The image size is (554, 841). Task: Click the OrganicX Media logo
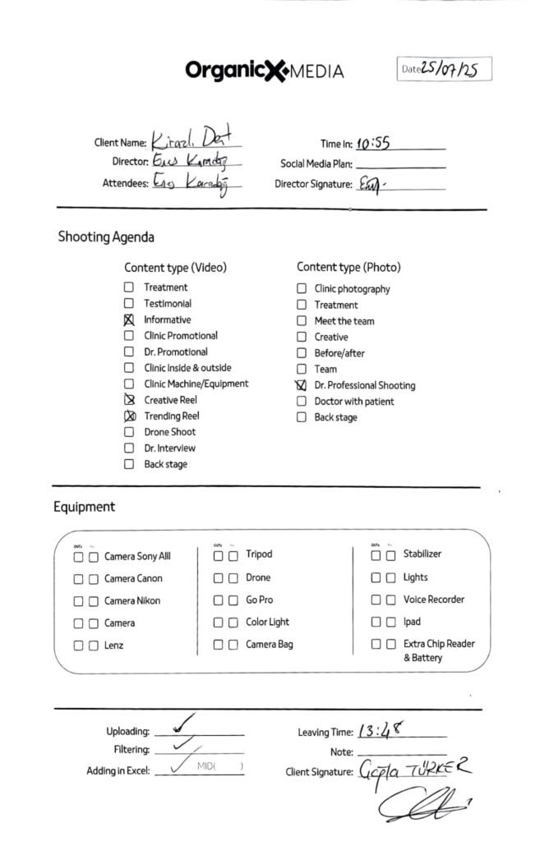coord(264,71)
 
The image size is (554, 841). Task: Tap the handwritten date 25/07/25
coord(450,69)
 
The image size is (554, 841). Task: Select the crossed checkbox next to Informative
coord(129,320)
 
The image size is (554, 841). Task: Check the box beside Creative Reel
coord(129,400)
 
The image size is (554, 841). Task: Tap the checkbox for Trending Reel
coord(129,416)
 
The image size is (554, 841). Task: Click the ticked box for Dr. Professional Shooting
coord(302,385)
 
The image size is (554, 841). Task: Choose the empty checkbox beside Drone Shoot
coord(129,432)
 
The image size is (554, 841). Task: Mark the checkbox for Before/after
coord(302,353)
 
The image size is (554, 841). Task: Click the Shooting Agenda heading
coord(106,237)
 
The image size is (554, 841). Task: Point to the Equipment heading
coord(85,507)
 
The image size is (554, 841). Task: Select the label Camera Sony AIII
coord(137,556)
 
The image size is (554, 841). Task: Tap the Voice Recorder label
coord(434,600)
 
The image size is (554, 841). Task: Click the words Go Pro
coord(260,600)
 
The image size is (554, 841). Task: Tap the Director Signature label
coord(313,185)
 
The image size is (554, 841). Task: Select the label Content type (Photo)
coord(349,267)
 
